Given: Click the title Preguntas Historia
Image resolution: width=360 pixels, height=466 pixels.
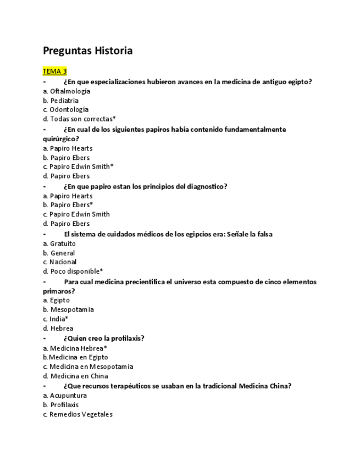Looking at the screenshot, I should [87, 51].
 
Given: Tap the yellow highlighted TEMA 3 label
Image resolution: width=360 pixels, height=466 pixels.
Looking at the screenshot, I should [55, 71].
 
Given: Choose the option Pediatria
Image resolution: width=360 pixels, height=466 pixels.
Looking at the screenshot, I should [64, 101].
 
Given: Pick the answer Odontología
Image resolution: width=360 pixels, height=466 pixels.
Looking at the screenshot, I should [69, 109].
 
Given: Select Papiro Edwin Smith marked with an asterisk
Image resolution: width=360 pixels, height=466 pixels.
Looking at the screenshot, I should [81, 167].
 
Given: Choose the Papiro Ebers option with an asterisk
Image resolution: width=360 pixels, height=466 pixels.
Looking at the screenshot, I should [71, 205].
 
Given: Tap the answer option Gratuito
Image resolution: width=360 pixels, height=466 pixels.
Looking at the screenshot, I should [63, 243].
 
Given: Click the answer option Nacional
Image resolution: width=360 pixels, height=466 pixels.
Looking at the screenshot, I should [63, 262].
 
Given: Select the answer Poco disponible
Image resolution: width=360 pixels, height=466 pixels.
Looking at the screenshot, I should [76, 271].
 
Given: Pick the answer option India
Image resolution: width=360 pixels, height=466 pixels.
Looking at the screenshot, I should [59, 319].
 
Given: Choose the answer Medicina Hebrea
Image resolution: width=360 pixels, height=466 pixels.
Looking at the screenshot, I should [78, 348].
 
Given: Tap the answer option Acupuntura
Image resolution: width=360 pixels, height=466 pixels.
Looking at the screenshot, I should [68, 396].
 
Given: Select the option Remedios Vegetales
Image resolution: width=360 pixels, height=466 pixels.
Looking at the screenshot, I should [81, 414].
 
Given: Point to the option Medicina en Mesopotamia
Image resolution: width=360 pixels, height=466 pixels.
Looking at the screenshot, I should [91, 367].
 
